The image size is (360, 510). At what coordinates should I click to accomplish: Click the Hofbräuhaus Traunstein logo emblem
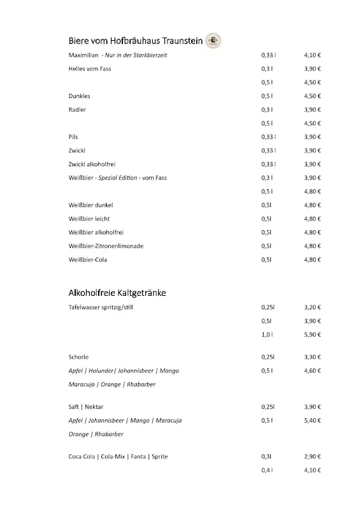[213, 41]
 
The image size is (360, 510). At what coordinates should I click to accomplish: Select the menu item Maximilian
[83, 55]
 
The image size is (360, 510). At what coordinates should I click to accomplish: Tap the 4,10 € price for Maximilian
[312, 55]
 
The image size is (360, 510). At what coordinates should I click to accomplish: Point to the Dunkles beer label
[79, 96]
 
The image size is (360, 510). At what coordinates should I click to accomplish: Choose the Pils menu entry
[73, 137]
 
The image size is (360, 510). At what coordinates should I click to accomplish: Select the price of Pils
[312, 137]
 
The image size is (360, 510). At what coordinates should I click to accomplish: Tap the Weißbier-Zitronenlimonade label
[106, 246]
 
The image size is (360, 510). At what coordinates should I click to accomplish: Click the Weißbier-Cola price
[312, 260]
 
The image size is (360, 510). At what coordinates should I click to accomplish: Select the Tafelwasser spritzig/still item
[101, 307]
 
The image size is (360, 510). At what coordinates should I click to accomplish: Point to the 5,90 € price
[312, 335]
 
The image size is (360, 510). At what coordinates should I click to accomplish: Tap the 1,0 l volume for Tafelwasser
[267, 335]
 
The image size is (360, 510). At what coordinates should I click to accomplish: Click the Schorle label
[78, 357]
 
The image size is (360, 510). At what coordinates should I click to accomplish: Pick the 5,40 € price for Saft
[312, 421]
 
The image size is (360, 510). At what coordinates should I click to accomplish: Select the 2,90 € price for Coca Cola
[312, 457]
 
